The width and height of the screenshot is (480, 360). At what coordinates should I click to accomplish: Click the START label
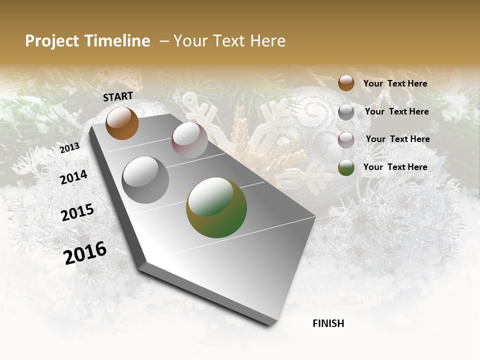[118, 96]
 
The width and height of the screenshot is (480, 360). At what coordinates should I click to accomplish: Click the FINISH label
[328, 323]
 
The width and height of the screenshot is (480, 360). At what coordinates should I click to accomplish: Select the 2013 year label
[69, 148]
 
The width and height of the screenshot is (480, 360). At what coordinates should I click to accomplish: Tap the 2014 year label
[73, 177]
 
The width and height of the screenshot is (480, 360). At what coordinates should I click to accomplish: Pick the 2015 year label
[77, 212]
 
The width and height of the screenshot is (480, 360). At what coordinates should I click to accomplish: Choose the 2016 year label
[85, 253]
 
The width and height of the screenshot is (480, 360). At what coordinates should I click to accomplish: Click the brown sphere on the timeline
[122, 123]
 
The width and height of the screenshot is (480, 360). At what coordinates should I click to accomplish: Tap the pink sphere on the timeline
[189, 140]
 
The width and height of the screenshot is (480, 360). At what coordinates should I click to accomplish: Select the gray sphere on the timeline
[145, 180]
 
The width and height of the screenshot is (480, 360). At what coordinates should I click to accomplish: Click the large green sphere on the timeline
[216, 207]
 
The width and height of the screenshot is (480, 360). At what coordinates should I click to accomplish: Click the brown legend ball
[346, 83]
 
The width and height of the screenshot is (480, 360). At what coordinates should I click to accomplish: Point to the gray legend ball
[346, 112]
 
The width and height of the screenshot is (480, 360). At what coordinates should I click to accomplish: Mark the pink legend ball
[346, 140]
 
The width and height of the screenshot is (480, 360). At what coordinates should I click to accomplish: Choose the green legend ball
[346, 167]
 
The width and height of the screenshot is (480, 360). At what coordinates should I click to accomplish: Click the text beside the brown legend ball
[395, 83]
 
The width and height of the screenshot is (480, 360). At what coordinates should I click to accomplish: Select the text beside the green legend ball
[395, 167]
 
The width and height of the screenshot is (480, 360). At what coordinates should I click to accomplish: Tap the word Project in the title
[51, 41]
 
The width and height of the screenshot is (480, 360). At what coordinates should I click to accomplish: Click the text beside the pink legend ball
[397, 139]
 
